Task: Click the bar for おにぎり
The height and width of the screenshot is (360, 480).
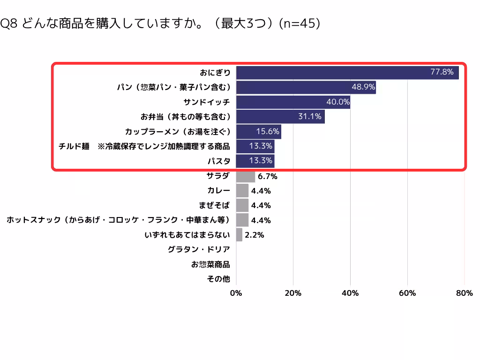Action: click(x=347, y=73)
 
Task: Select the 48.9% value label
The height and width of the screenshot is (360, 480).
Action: click(x=363, y=87)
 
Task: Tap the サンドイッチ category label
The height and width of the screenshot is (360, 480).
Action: click(x=207, y=102)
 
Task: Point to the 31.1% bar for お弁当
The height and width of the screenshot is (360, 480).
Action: click(x=280, y=117)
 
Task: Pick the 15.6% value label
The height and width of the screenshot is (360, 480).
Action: click(x=268, y=131)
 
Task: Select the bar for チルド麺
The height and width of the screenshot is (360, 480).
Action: click(x=255, y=146)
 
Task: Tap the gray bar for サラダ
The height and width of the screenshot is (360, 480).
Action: click(x=246, y=176)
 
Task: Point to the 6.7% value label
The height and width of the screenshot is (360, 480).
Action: click(x=268, y=176)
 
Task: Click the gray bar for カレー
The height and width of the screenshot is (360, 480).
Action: click(x=242, y=191)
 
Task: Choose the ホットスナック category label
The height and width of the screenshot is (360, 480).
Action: click(x=118, y=220)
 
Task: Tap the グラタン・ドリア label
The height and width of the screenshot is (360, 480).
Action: click(x=199, y=249)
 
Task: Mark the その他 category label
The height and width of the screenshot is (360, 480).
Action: click(x=218, y=279)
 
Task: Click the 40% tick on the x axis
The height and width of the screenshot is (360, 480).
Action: click(x=350, y=293)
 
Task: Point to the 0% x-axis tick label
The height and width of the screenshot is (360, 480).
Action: click(x=236, y=293)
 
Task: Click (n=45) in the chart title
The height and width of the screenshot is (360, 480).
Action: click(x=300, y=23)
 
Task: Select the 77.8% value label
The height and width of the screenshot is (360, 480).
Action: click(x=442, y=72)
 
